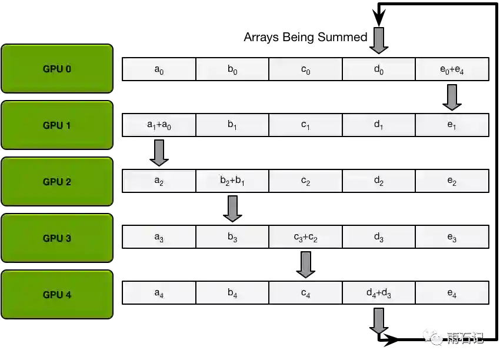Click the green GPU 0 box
(x=56, y=68)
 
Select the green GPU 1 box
(x=56, y=125)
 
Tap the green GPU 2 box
(x=56, y=181)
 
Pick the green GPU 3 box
(x=56, y=238)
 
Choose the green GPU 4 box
(x=56, y=294)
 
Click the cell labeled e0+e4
(x=452, y=69)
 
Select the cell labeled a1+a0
(x=159, y=125)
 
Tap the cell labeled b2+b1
(x=232, y=182)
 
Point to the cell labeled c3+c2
(x=305, y=238)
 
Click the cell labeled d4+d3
(x=379, y=294)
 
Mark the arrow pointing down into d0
(x=379, y=40)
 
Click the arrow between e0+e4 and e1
(x=452, y=97)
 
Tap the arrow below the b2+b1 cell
(x=232, y=209)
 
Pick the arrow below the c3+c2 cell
(x=305, y=264)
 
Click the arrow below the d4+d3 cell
(x=379, y=320)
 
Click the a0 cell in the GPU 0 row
(x=159, y=69)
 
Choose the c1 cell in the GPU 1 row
(x=305, y=125)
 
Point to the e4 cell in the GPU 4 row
(x=452, y=294)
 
